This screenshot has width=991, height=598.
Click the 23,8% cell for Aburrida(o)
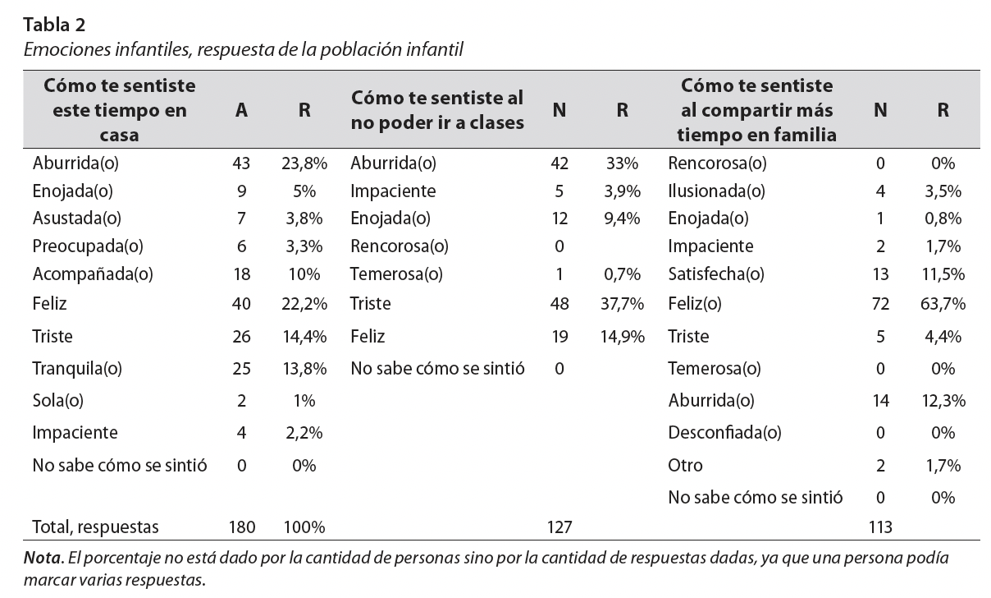tap(304, 163)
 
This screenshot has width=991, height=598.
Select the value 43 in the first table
tap(241, 163)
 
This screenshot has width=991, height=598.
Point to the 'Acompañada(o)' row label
tap(81, 274)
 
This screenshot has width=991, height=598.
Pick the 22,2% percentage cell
tap(304, 304)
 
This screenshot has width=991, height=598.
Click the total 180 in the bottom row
tap(241, 527)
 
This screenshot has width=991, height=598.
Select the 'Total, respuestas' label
tap(95, 527)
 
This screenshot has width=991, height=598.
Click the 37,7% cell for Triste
tap(621, 304)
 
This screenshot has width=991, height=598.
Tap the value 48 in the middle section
tap(559, 304)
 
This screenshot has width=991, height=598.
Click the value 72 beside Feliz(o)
tap(880, 304)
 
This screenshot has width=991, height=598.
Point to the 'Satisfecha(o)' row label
tap(716, 274)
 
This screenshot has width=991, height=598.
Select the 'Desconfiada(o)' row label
tap(724, 432)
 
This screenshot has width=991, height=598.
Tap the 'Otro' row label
tap(685, 465)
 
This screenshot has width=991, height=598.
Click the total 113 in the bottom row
tap(880, 527)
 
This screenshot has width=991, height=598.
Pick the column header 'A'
tap(241, 110)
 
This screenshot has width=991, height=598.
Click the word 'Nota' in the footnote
tap(42, 559)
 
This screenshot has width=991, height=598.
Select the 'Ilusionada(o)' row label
tap(716, 191)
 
